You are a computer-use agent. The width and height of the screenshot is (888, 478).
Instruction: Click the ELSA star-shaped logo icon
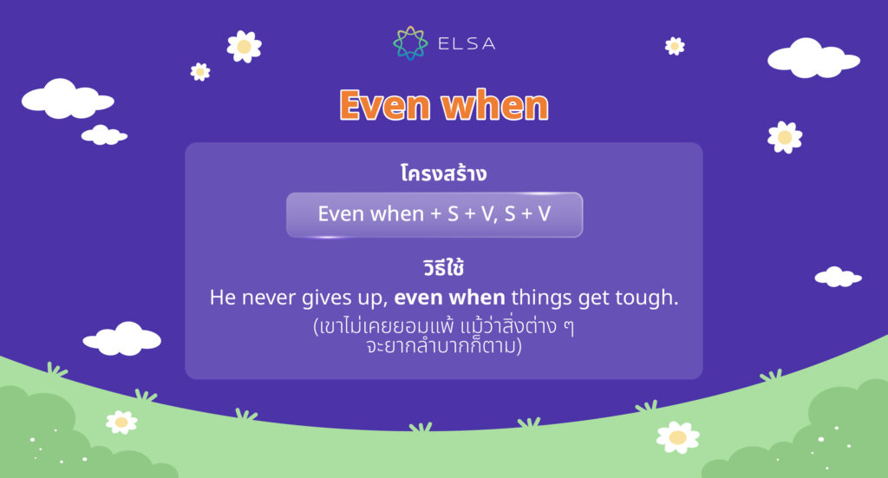[x=410, y=43]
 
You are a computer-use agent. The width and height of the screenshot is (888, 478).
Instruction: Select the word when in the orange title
[x=494, y=106]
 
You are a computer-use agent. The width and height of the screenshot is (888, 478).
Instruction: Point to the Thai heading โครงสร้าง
[x=443, y=173]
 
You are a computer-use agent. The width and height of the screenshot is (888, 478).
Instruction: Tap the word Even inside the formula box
[x=339, y=213]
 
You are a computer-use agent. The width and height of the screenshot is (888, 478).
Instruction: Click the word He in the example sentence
[x=221, y=298]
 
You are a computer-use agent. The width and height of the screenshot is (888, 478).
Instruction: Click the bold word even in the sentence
[x=418, y=298]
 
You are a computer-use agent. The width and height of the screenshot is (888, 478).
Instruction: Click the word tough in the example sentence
[x=647, y=298]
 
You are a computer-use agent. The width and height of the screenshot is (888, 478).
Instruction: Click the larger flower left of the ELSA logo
[x=244, y=46]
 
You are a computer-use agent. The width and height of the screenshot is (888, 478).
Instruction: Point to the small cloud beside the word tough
[x=838, y=277]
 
